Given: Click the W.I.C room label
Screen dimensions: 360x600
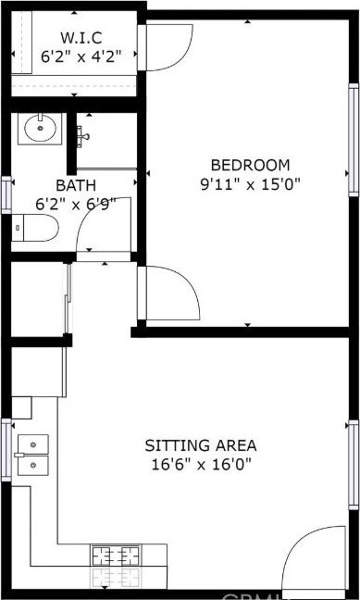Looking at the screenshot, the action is point(81,38).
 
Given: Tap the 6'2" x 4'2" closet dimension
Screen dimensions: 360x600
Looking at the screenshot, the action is point(81,56).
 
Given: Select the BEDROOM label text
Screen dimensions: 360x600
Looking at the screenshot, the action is point(250,166).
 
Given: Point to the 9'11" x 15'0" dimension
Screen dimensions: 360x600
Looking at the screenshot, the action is point(250,184).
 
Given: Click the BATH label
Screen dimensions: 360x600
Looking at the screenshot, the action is point(76,185).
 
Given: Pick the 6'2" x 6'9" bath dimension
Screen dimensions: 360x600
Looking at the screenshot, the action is point(76,205).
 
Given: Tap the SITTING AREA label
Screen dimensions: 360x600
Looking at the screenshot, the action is point(201,445).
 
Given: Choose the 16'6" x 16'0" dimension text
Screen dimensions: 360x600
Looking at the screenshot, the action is point(201,465).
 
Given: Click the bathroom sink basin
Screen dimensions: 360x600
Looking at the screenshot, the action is point(40,129).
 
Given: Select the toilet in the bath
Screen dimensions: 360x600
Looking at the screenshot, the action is point(35,228).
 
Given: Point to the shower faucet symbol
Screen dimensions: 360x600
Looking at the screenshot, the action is point(82,136).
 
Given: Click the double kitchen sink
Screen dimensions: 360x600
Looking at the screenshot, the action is point(33,455).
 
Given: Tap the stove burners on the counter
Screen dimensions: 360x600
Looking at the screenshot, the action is point(115,556).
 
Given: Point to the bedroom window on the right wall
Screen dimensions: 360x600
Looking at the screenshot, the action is point(354,140).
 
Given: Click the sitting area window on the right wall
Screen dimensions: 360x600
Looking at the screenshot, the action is point(354,465).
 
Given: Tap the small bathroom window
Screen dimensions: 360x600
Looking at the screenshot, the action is point(6,194).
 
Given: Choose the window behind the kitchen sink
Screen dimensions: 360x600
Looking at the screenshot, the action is point(6,450).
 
